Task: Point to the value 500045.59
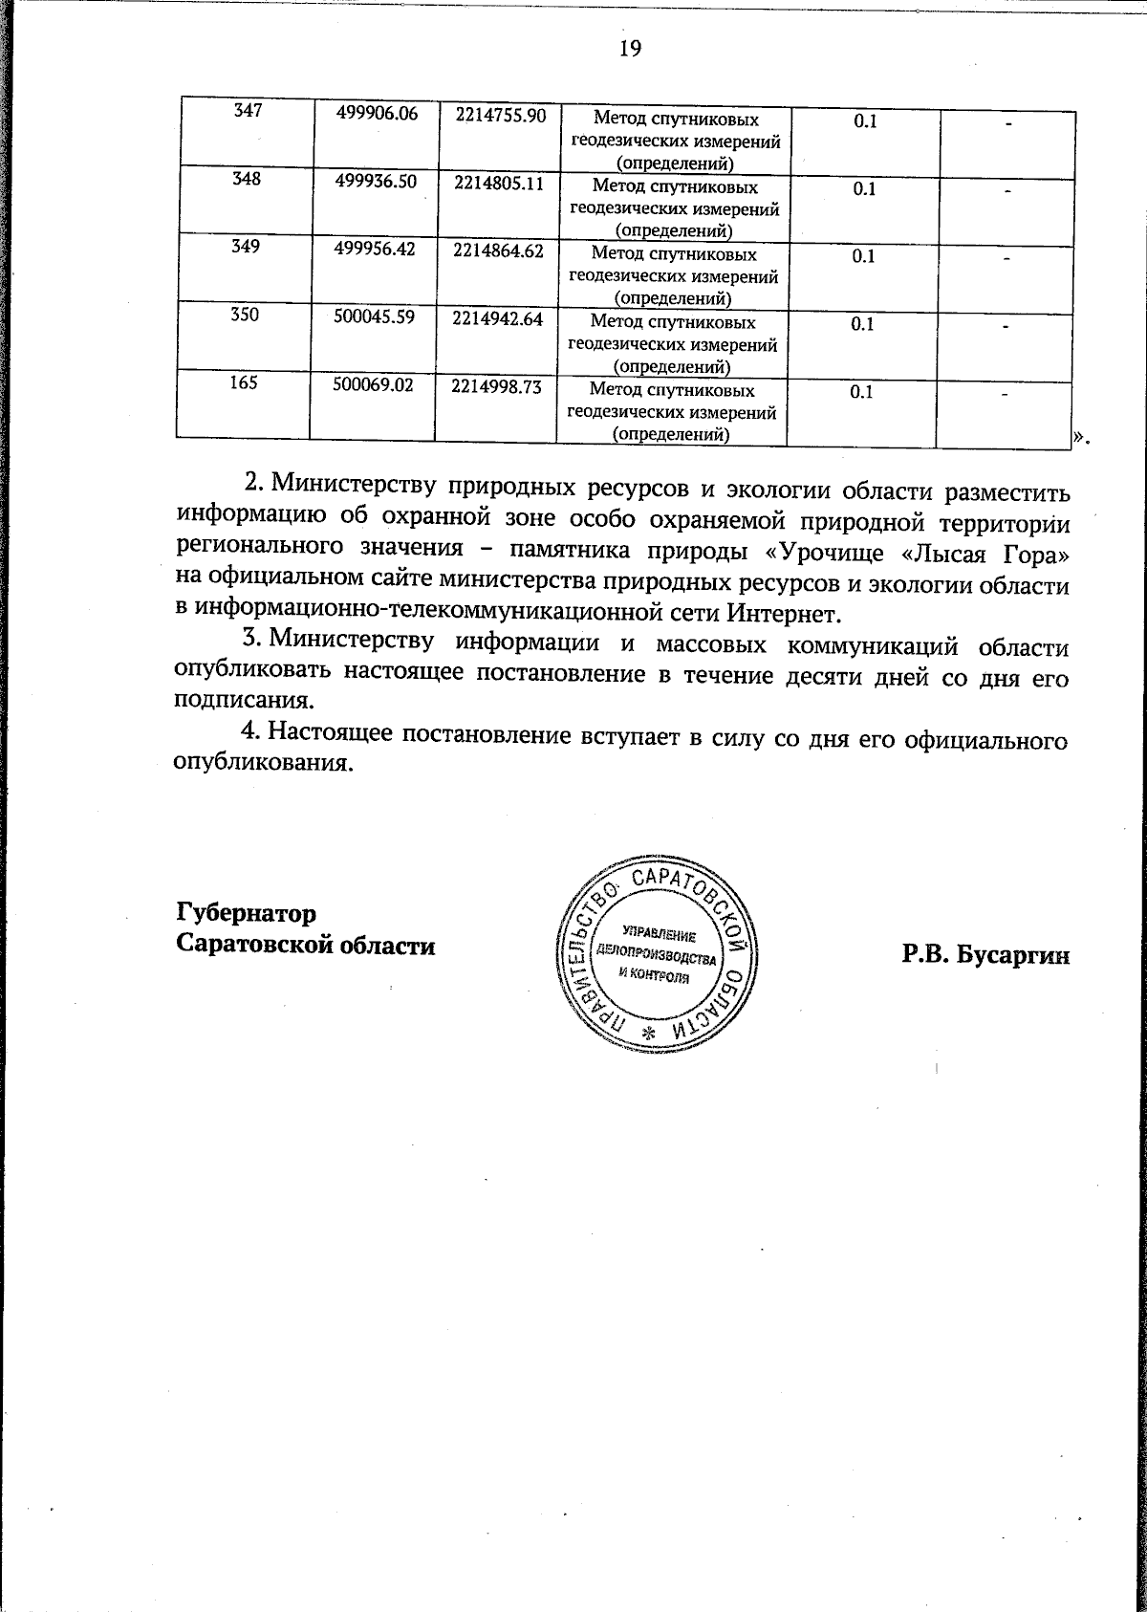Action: click(375, 317)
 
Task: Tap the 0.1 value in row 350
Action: click(863, 324)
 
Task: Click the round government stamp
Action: click(655, 956)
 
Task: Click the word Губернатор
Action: click(246, 911)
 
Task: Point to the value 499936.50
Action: click(376, 182)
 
